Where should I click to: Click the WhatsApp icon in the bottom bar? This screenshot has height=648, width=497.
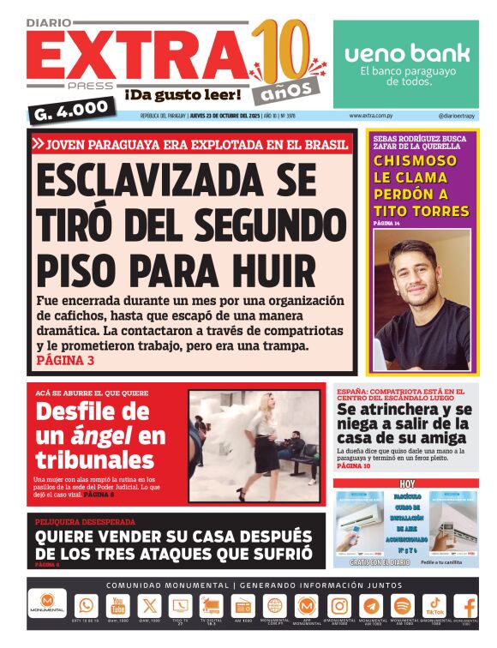click(x=87, y=605)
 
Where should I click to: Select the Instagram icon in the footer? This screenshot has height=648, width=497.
click(x=338, y=605)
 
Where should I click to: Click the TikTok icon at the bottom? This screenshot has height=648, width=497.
click(x=434, y=605)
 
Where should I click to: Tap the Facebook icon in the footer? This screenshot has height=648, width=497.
click(x=467, y=606)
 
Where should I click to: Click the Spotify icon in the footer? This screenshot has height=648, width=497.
click(x=402, y=605)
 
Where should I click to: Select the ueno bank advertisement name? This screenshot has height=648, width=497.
click(x=406, y=53)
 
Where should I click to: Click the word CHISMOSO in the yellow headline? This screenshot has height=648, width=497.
click(x=415, y=160)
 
